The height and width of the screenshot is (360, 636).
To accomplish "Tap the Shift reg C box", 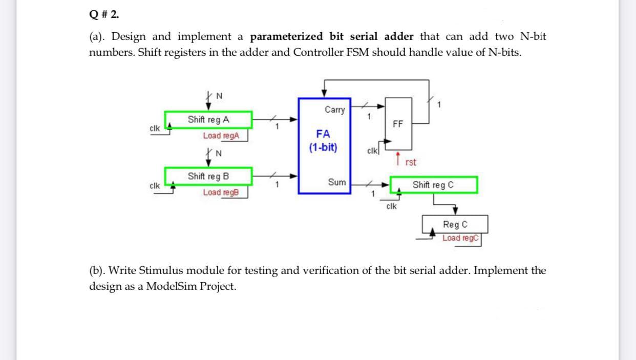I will click(433, 185).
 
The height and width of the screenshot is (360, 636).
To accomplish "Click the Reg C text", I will click(455, 225).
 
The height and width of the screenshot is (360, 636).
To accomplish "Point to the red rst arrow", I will click(398, 158).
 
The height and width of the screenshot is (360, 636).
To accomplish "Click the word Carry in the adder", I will click(334, 110).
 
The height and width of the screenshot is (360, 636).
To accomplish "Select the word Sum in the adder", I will click(336, 182).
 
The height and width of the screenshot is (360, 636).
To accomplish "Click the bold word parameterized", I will click(287, 37).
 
